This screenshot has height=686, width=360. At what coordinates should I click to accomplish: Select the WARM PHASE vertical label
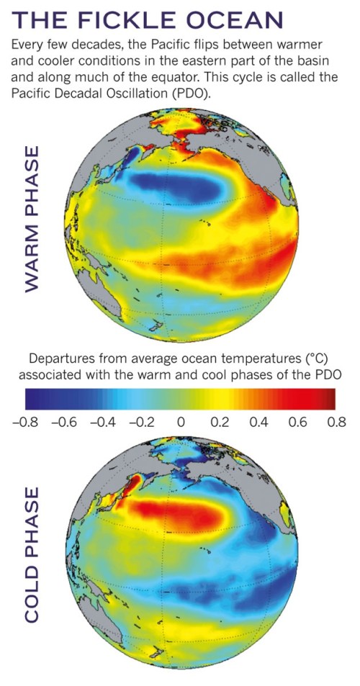point(32,219)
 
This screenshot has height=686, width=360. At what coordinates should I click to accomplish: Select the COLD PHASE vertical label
point(32,555)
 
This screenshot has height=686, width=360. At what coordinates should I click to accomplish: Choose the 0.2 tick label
point(221,422)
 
